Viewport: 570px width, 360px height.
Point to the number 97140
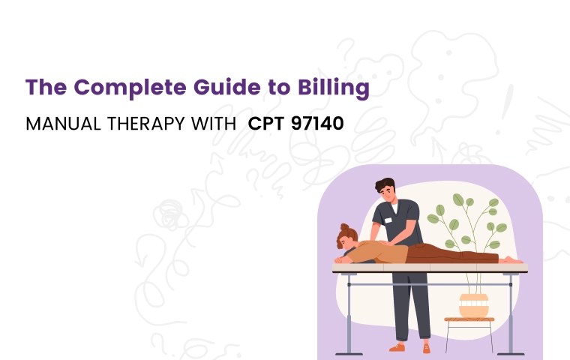pos(316,124)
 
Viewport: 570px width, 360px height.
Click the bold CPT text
pos(265,124)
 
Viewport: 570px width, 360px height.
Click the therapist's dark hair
pos(385,185)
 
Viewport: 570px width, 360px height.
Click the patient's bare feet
pos(513,259)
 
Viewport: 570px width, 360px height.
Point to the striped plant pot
pos(473,304)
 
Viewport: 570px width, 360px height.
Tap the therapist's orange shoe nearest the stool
pos(426,347)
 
